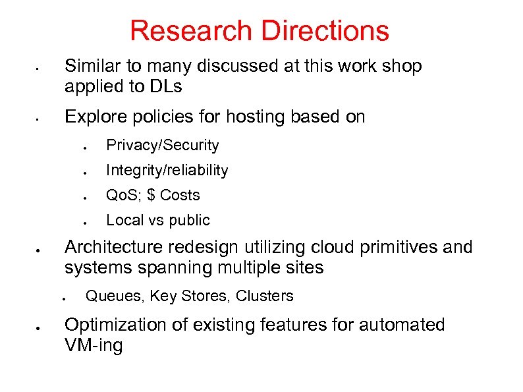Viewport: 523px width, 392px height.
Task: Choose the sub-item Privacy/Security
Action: [162, 145]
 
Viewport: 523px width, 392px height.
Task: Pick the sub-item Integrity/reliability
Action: [167, 170]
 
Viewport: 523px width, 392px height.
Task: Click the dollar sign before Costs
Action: [151, 195]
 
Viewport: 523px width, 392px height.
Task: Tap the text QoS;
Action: [123, 195]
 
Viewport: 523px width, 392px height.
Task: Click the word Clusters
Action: [264, 296]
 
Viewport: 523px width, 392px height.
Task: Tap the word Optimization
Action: [113, 325]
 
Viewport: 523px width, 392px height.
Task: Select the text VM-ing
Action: [94, 346]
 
